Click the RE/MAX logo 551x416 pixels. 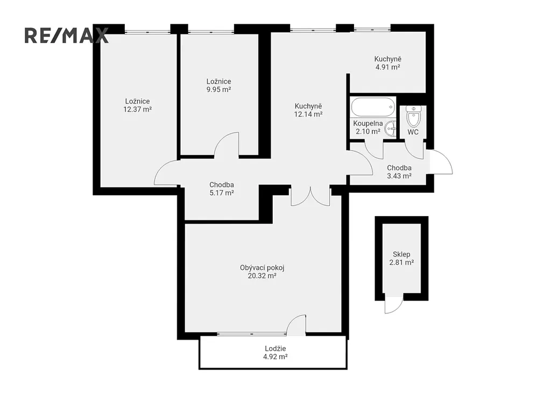(66, 36)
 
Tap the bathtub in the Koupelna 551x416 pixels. (373, 107)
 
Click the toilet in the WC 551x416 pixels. (413, 116)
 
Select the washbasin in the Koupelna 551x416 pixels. (391, 129)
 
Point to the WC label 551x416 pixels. (413, 132)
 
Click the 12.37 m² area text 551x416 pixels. (137, 109)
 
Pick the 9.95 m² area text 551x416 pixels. (218, 89)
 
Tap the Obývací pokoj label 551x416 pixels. (262, 268)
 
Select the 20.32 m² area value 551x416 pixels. (262, 276)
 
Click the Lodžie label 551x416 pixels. (275, 349)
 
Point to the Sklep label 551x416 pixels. (401, 254)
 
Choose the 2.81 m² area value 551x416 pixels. (401, 262)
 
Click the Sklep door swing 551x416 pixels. (393, 305)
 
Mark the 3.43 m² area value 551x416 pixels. (399, 176)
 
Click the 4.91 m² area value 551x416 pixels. (387, 67)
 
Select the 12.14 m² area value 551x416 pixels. (308, 114)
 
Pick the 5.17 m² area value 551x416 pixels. (222, 193)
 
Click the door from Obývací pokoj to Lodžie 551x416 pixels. (296, 325)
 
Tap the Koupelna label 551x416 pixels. (368, 123)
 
